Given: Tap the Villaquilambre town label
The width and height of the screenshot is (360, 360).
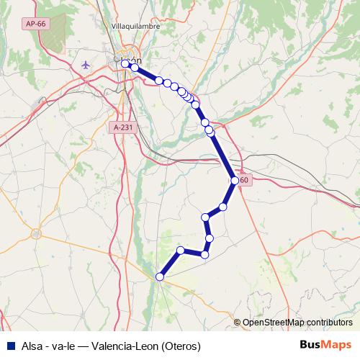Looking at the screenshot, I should (x=135, y=26).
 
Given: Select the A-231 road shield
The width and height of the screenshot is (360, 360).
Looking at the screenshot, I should (x=124, y=127).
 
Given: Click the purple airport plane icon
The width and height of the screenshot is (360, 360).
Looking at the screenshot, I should (x=88, y=64).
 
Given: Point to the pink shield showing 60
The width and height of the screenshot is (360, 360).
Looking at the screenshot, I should (x=245, y=180).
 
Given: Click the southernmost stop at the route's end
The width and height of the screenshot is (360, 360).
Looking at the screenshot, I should (x=160, y=276).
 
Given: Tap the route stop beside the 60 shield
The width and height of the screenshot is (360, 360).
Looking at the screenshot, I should (x=235, y=180).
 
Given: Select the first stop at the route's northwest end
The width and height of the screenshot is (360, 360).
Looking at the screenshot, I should (x=125, y=64).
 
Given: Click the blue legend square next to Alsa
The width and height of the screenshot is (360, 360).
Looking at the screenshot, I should (x=9, y=346).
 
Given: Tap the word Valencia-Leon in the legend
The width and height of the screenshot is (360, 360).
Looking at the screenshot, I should (x=120, y=346).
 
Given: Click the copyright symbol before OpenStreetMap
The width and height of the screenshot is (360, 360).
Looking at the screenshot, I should (x=237, y=322).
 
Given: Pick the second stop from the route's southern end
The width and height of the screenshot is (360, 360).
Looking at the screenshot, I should (x=181, y=251).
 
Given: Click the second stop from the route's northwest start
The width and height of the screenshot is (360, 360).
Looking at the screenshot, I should (x=134, y=68).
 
